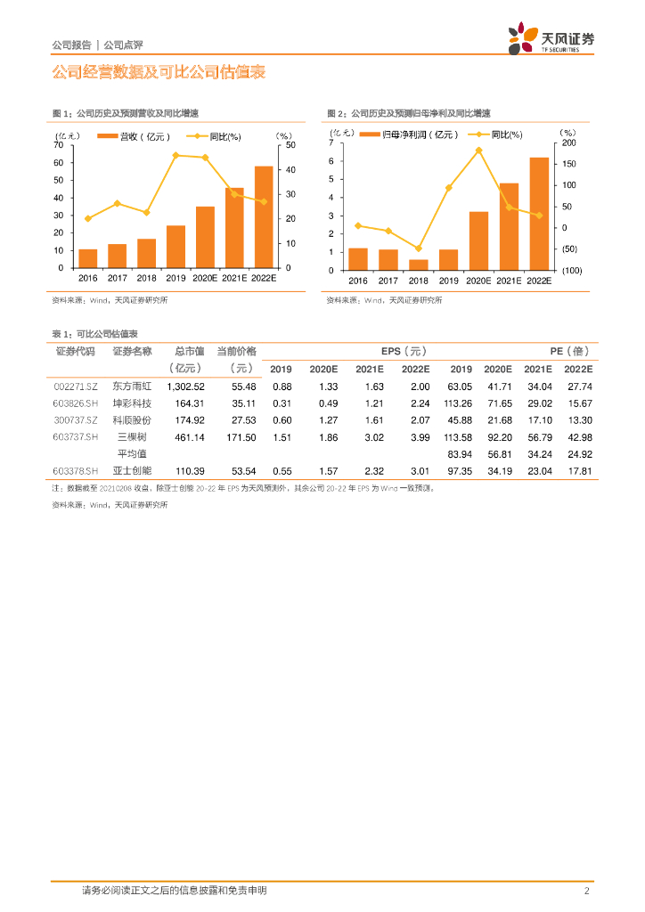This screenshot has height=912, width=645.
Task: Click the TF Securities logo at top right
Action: pyautogui.click(x=551, y=40)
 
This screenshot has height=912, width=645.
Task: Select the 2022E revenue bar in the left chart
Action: pyautogui.click(x=264, y=216)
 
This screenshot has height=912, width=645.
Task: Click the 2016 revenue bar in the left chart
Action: pyautogui.click(x=88, y=258)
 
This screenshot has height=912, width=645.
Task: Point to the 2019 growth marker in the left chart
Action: pyautogui.click(x=176, y=155)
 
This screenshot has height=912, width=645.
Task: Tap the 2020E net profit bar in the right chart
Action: pyautogui.click(x=478, y=240)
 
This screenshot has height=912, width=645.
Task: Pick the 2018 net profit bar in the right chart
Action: pyautogui.click(x=418, y=265)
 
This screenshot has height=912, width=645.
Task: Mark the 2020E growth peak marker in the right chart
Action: pyautogui.click(x=478, y=151)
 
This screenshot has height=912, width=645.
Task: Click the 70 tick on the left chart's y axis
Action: pyautogui.click(x=59, y=145)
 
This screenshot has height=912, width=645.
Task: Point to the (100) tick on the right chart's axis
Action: pyautogui.click(x=572, y=270)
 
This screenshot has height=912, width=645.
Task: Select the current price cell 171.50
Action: pyautogui.click(x=238, y=437)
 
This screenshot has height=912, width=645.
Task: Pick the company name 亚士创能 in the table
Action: pyautogui.click(x=133, y=470)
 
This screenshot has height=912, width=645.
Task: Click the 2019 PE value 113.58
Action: pyautogui.click(x=461, y=437)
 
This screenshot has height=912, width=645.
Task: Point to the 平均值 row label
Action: pyautogui.click(x=133, y=454)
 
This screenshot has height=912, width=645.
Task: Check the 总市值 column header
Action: pyautogui.click(x=189, y=352)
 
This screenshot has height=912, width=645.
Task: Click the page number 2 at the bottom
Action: pyautogui.click(x=587, y=891)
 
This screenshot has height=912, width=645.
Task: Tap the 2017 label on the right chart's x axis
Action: pyautogui.click(x=388, y=281)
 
